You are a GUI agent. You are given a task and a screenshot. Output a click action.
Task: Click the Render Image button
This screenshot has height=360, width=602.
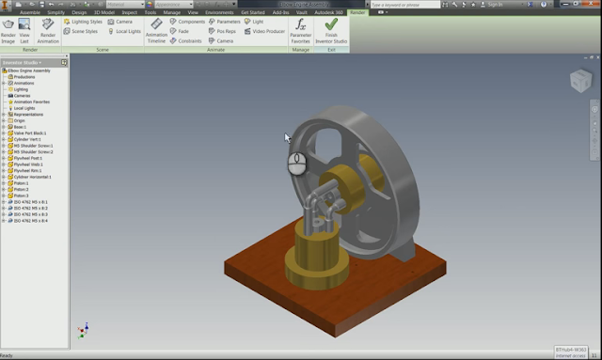pos(8,28)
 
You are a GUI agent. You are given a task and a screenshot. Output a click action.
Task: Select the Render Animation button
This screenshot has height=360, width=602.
pos(47,28)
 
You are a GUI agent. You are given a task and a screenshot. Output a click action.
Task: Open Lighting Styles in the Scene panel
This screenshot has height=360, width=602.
pos(86,21)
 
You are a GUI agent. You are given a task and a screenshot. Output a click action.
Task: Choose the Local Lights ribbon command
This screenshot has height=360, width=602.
pos(127,31)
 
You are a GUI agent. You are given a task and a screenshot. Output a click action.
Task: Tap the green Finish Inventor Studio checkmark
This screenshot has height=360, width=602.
pos(331,28)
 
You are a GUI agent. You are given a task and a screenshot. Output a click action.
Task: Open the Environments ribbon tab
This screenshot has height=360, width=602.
pos(219,12)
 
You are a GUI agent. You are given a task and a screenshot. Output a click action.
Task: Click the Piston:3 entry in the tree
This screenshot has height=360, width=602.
pos(23,196)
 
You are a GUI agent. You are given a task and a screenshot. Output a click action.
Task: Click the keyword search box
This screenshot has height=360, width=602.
pos(404,5)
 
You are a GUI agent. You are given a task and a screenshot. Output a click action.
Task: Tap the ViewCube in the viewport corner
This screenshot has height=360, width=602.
pos(580,81)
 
